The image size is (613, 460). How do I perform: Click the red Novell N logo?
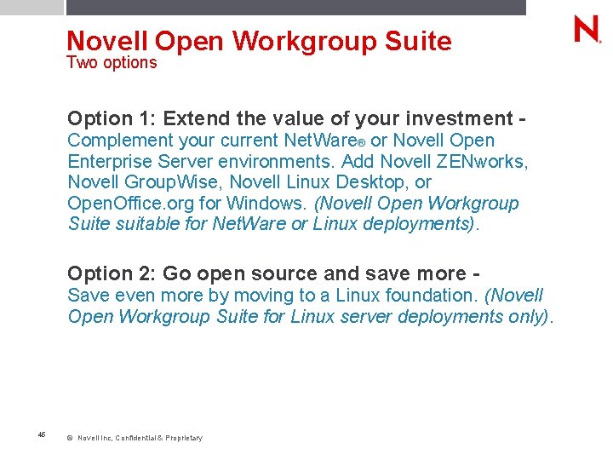click(x=587, y=30)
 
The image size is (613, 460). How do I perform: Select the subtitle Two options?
click(x=112, y=62)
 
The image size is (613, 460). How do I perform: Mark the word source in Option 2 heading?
click(x=284, y=273)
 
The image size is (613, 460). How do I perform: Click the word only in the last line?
click(x=528, y=316)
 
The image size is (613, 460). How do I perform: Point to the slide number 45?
click(x=42, y=434)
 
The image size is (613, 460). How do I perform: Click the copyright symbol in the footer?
click(x=69, y=438)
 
